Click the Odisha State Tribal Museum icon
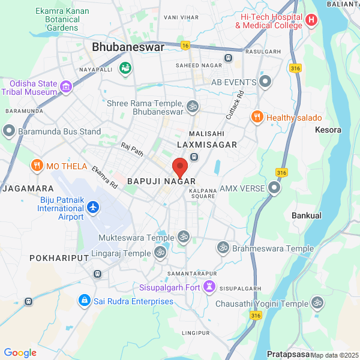click(66, 88)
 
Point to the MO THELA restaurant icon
click(37, 166)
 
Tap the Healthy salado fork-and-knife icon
click(257, 117)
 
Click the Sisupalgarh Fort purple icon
click(209, 287)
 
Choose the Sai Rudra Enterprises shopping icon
click(85, 300)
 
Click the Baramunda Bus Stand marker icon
click(8, 130)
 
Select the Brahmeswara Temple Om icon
click(223, 248)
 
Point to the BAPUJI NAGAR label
click(161, 181)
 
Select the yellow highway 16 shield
click(185, 46)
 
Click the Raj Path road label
click(132, 149)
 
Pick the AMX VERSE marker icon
click(274, 188)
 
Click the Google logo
click(20, 353)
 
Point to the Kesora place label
click(328, 130)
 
